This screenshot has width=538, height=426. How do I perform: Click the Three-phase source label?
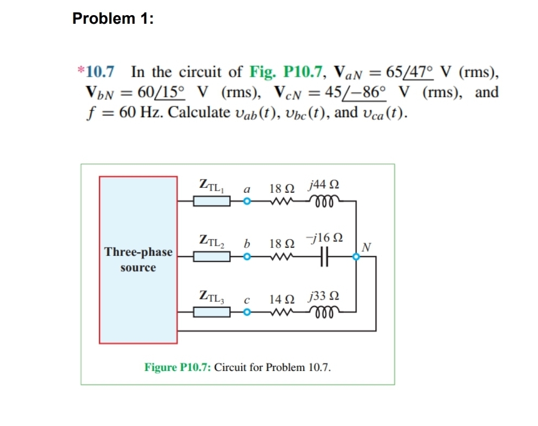pos(138,260)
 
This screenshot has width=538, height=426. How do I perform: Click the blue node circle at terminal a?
pos(247,202)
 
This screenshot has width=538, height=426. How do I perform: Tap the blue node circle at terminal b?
pos(247,257)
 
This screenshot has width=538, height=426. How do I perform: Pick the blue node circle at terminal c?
pos(247,312)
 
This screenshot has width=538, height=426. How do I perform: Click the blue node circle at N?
pos(356,258)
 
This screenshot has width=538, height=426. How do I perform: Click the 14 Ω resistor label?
pos(281,298)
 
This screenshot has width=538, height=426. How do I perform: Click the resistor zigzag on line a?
pos(282,202)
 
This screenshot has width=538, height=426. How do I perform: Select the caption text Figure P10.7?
pos(178,368)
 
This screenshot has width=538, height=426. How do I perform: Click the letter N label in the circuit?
pos(366,247)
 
